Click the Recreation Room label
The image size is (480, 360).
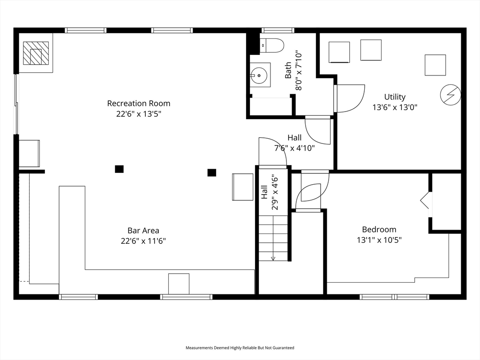pos(139,104)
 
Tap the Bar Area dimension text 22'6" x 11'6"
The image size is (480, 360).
pos(143,241)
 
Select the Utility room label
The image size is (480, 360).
pos(395,97)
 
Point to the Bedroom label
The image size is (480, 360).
pos(379,229)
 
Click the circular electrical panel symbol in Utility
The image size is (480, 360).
pos(450,95)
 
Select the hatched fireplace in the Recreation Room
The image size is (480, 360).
pos(36,53)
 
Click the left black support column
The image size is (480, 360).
pos(119,169)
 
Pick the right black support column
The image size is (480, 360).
pos(211,172)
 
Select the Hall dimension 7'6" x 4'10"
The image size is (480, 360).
pos(294,148)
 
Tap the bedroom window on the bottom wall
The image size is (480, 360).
pos(394,297)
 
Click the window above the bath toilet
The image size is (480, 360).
pos(277,30)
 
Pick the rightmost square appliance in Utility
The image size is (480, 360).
pos(435,65)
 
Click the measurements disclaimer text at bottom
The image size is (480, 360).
pos(240,348)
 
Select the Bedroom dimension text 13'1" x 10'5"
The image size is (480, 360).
pos(379,240)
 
